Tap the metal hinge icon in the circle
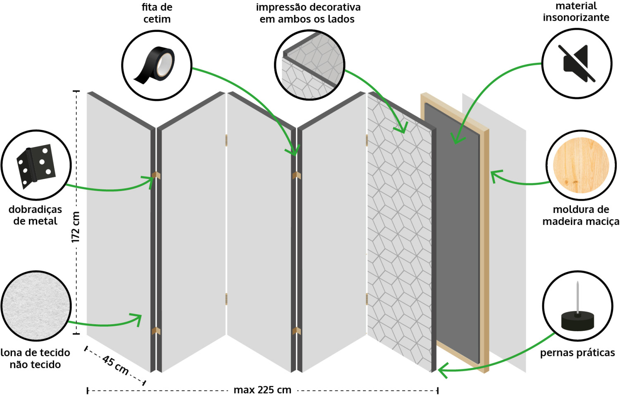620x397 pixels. pos(36,166)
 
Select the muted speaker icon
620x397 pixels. pos(577,63)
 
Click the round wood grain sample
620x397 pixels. pos(581,165)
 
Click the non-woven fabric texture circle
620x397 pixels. pos(36,306)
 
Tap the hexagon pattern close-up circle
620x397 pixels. pos(310,65)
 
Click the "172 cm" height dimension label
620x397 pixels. pos(75,227)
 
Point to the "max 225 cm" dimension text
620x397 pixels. pos(262,390)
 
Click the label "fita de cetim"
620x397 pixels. pos(157,13)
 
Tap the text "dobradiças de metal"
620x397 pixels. pos(35,215)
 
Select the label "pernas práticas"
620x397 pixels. pos(577,353)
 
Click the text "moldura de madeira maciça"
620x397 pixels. pos(581,215)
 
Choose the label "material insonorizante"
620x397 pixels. pos(576,12)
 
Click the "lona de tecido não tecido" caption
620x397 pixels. pos(35,359)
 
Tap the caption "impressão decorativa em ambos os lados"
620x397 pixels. pos(308,13)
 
